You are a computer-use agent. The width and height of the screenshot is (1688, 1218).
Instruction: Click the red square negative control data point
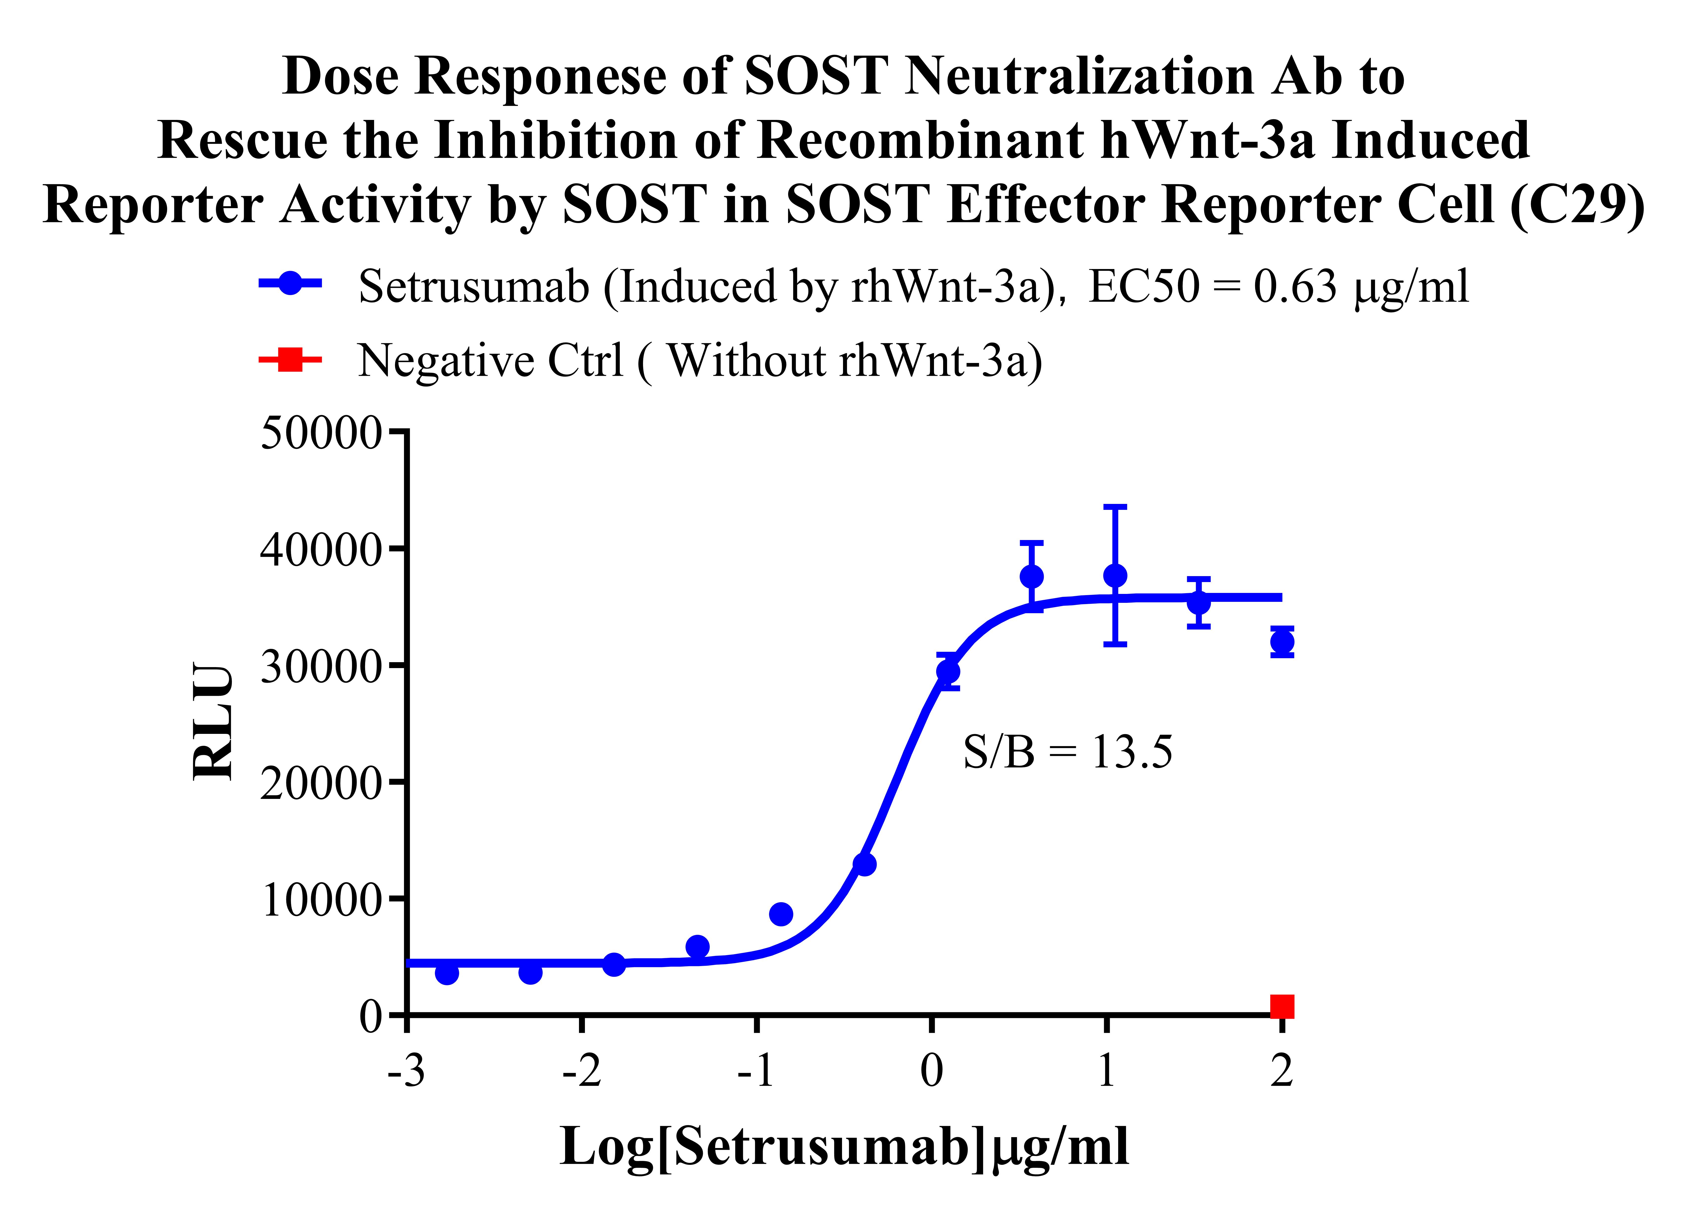[x=1282, y=1007]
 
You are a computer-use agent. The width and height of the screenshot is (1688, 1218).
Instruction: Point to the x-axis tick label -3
[x=406, y=1072]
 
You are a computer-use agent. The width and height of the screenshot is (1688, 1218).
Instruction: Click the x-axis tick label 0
[x=931, y=1072]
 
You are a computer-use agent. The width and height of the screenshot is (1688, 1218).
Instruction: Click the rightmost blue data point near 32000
[x=1282, y=642]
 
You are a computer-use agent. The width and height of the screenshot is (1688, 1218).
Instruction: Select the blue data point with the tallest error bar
[x=1115, y=576]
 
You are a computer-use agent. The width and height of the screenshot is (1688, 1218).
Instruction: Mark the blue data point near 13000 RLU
[x=864, y=864]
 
